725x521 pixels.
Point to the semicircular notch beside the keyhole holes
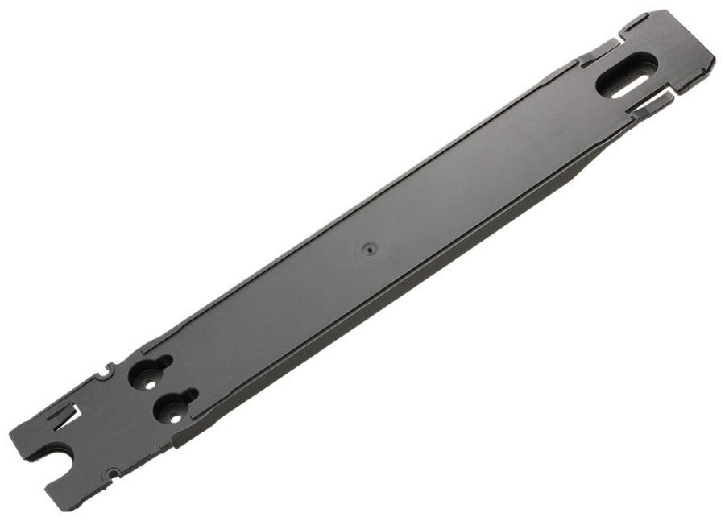click(103, 372)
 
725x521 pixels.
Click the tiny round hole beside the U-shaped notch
click(113, 473)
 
